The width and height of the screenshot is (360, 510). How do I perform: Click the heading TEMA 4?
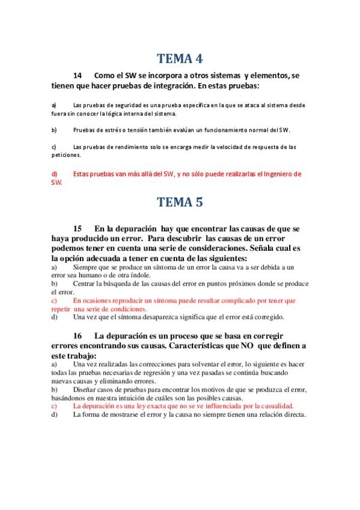[x=180, y=59]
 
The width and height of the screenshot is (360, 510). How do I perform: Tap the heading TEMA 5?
[x=180, y=202]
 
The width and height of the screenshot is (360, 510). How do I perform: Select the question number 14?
[x=78, y=76]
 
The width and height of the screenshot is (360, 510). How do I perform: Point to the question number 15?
[x=78, y=229]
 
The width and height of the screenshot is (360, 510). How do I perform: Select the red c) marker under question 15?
[x=54, y=300]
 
